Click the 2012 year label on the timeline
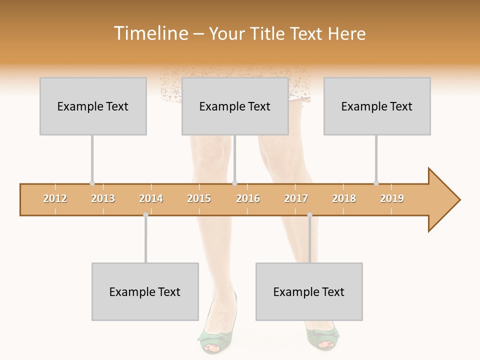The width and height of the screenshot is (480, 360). tap(55, 198)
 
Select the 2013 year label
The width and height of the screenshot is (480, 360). tap(103, 198)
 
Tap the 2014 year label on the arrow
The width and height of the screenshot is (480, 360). tap(151, 198)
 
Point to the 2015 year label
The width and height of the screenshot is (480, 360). tap(199, 198)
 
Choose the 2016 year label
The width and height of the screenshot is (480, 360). tap(248, 198)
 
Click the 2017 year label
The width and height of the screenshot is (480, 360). tap(296, 198)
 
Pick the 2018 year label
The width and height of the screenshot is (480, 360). tap(344, 198)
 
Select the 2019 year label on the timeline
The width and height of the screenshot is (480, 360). tap(392, 198)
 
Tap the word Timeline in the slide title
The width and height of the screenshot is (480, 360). tap(150, 33)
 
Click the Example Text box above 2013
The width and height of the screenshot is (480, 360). tap(93, 106)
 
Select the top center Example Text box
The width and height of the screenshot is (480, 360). tap(235, 106)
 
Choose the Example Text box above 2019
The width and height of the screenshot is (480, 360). tap(377, 106)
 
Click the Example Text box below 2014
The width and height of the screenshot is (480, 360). tap(145, 291)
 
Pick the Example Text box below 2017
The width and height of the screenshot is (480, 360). tap(309, 291)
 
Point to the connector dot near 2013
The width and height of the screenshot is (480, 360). tap(92, 183)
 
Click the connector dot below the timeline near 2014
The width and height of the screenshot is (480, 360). tap(145, 215)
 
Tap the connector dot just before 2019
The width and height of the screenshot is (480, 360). tap(376, 183)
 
